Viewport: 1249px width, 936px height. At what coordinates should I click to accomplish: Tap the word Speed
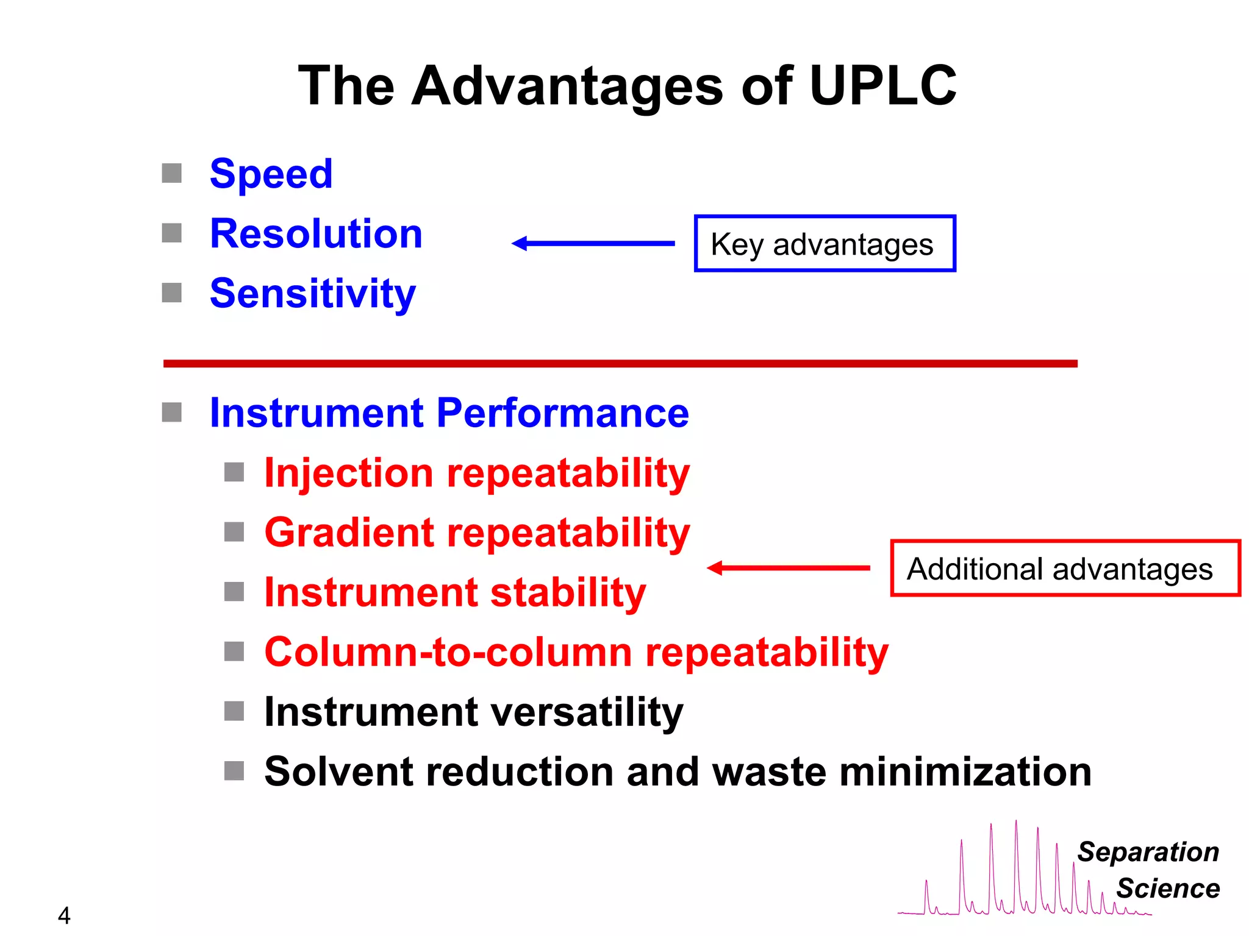click(271, 174)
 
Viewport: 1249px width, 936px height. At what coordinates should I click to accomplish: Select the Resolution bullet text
click(316, 234)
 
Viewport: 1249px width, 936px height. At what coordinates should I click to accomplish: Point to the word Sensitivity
click(312, 294)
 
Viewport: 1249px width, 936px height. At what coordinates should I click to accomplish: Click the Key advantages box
click(825, 244)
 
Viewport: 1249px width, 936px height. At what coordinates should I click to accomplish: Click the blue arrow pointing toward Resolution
click(593, 244)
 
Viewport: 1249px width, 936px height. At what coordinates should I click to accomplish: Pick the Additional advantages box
click(1065, 568)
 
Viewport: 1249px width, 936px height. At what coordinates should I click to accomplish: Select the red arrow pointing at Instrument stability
click(788, 568)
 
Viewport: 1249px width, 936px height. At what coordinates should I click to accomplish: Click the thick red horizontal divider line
click(620, 364)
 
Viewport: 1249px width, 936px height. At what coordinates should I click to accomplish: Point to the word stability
click(567, 592)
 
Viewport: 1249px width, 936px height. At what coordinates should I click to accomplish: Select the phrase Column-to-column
click(448, 652)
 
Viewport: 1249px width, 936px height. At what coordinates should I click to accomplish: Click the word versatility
click(587, 712)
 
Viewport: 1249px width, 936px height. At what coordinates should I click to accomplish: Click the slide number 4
click(64, 915)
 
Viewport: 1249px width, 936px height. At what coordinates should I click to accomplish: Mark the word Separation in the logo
click(1148, 852)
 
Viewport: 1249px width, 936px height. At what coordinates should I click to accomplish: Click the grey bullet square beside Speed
click(172, 173)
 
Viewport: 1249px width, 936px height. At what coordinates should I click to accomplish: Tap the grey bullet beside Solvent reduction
click(234, 771)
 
